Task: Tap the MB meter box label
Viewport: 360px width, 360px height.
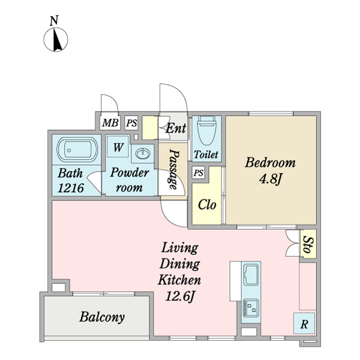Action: (110, 122)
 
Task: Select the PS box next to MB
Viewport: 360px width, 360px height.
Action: (131, 123)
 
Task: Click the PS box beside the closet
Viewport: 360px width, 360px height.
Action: (199, 173)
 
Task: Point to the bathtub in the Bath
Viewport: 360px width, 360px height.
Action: (77, 150)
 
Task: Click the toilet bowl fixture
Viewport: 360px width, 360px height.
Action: (206, 130)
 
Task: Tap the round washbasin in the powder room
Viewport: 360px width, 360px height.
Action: (143, 153)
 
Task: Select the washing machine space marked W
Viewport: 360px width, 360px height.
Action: (118, 147)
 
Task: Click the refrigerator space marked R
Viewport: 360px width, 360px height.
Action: (304, 323)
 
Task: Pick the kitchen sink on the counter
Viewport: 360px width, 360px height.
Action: (251, 274)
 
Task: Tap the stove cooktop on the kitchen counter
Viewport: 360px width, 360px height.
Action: (251, 308)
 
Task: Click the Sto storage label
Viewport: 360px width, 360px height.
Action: (308, 244)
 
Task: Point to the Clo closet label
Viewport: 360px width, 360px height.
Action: (207, 205)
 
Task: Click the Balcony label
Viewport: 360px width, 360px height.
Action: (102, 317)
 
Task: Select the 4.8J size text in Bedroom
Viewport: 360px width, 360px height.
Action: (270, 179)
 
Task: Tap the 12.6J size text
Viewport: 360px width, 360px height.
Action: (180, 296)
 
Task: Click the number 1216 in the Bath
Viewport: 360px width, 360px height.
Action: (70, 188)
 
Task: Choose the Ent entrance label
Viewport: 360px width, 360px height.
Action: (176, 128)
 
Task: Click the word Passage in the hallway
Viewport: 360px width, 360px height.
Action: (174, 169)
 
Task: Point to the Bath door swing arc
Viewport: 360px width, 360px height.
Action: (93, 181)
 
